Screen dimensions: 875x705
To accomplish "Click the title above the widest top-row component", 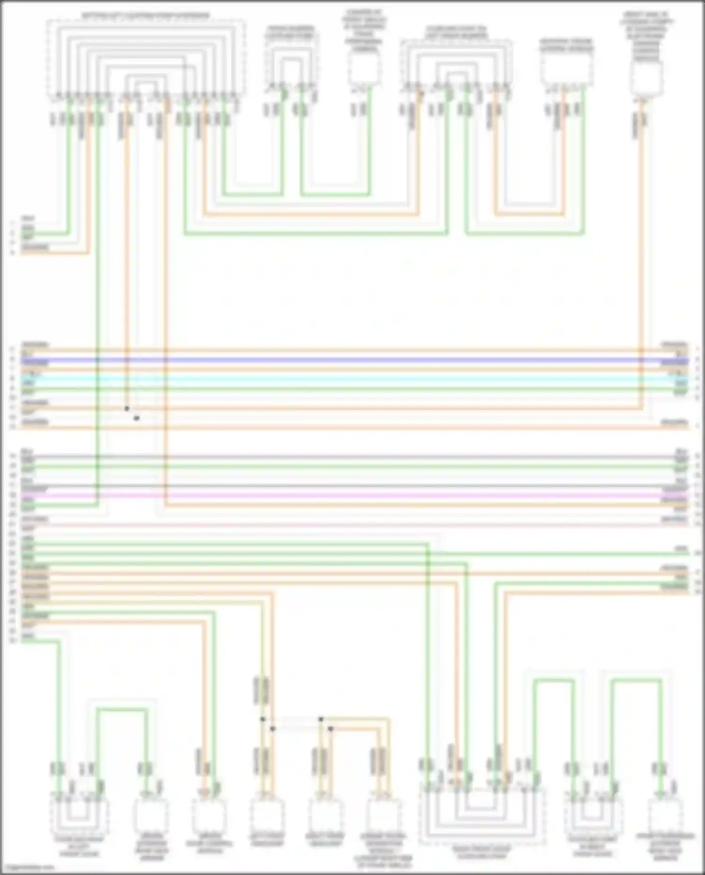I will coord(146,16).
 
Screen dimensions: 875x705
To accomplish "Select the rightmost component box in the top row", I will coord(647,78).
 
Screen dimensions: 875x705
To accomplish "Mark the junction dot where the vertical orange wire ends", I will coord(126,409).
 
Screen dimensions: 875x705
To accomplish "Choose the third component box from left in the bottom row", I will coord(209,816).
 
